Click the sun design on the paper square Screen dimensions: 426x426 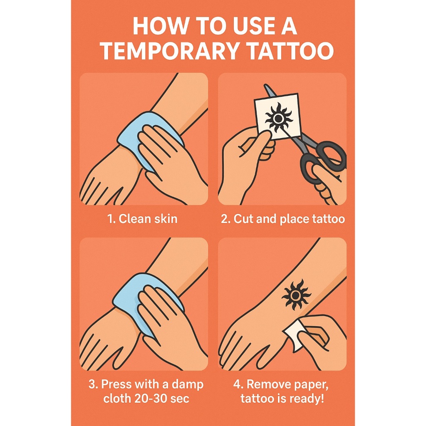click(x=278, y=119)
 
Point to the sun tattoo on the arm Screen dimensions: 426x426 click(x=296, y=295)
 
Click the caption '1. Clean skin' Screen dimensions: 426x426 click(x=142, y=219)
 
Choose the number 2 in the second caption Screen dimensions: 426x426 click(x=224, y=219)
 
